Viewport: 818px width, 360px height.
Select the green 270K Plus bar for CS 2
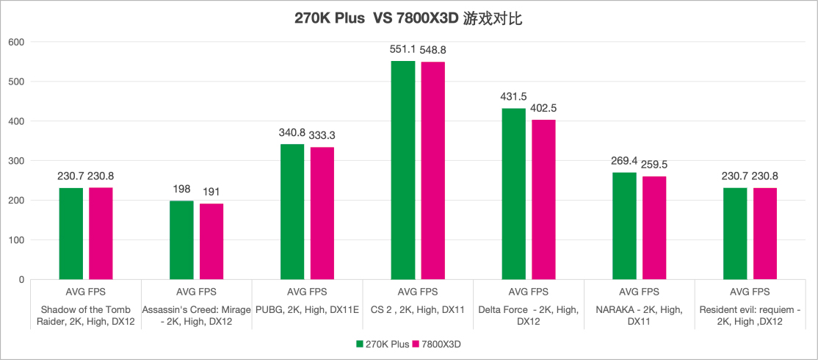pyautogui.click(x=403, y=170)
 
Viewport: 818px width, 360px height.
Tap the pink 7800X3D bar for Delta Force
pyautogui.click(x=543, y=199)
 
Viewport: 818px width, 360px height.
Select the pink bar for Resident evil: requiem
pyautogui.click(x=764, y=234)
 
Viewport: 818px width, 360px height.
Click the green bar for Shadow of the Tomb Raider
pyautogui.click(x=71, y=234)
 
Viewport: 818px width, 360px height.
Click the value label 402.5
pyautogui.click(x=543, y=108)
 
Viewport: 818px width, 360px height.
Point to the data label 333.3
pyautogui.click(x=322, y=135)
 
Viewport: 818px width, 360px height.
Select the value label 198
pyautogui.click(x=182, y=189)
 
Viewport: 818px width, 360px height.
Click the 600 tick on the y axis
pyautogui.click(x=16, y=42)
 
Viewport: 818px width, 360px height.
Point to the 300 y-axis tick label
pyautogui.click(x=16, y=161)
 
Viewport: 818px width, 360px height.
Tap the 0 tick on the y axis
pyautogui.click(x=21, y=280)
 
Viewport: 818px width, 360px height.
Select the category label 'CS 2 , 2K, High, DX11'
pyautogui.click(x=418, y=309)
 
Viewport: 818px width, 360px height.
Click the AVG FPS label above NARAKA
pyautogui.click(x=639, y=292)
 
